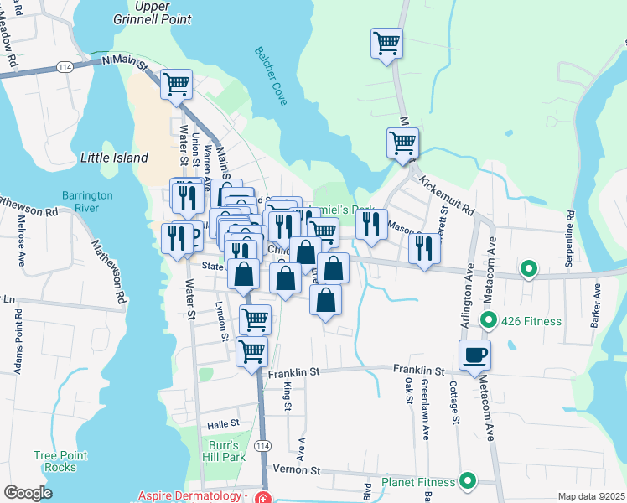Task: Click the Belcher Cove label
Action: (x=271, y=76)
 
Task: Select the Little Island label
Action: (x=114, y=158)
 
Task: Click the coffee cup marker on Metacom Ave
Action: (x=474, y=355)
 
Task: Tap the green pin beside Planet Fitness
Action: (x=468, y=482)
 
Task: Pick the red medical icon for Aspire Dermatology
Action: (x=264, y=497)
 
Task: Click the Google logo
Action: (x=28, y=493)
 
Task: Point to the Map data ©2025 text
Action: (x=591, y=497)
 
